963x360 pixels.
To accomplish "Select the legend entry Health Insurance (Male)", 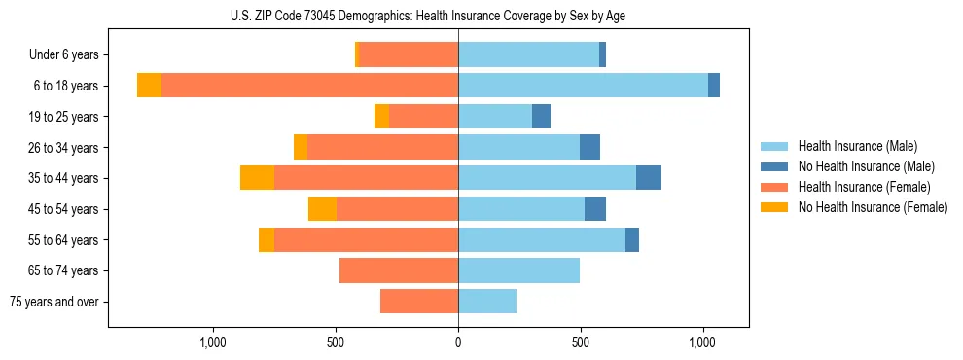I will [x=857, y=146].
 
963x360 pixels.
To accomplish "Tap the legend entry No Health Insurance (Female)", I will [x=873, y=207].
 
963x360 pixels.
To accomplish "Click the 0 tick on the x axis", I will [x=458, y=342].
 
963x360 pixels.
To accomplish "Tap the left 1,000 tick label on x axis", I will [x=213, y=342].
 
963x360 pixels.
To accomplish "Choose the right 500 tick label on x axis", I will [x=581, y=342].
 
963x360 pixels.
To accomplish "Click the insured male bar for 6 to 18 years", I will [x=583, y=86].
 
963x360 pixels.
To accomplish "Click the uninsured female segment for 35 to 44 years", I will [x=257, y=178].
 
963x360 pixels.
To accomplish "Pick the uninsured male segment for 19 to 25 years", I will [x=541, y=117].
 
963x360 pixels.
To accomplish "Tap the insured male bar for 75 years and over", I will [x=487, y=302].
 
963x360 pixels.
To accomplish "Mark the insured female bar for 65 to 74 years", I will [x=399, y=270].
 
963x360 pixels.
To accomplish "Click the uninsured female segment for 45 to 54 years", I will [x=322, y=209].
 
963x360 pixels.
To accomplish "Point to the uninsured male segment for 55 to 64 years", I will [x=632, y=240].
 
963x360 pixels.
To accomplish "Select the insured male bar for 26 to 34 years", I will [x=518, y=148].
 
